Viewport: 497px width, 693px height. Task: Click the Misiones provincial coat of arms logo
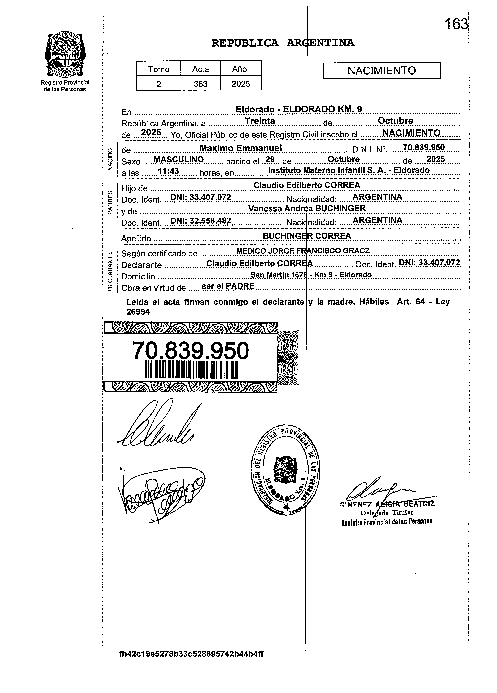(x=65, y=55)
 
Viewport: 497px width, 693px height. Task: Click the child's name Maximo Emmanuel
(x=241, y=148)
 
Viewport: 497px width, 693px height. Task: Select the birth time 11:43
(x=169, y=171)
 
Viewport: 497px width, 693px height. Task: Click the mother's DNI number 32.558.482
(x=200, y=221)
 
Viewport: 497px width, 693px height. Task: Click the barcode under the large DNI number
(x=191, y=370)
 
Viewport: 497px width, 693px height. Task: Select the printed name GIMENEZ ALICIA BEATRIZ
(x=387, y=504)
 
